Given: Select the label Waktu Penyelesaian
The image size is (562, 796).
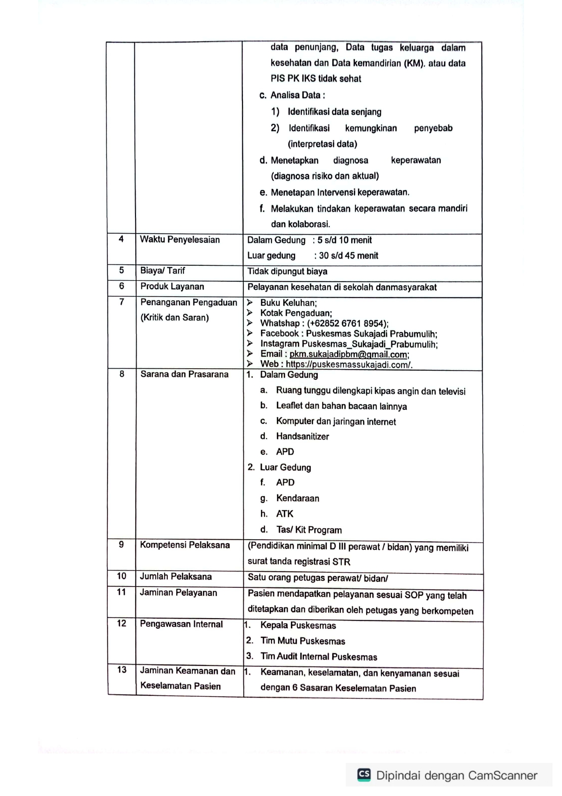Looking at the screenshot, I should coord(179,239).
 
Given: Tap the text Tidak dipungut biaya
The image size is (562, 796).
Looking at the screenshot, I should coord(287,271).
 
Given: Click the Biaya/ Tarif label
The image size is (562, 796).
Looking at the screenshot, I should coord(162,271).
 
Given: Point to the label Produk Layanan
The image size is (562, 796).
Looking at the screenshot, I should coord(172,287).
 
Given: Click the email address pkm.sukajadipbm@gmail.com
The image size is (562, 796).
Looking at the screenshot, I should coord(349,354).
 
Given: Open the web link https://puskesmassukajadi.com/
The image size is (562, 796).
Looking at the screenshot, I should coord(349,365).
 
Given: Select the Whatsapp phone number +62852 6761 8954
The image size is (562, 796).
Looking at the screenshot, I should coord(347,323).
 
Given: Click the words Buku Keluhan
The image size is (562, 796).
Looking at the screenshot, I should coord(288,303).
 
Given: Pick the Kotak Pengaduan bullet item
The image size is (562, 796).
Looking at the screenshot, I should coord(296,313).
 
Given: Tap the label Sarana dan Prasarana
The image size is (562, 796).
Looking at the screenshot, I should coord(184,374).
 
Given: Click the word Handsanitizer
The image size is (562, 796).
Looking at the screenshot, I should coord(302,436).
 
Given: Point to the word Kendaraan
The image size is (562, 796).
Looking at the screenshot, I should coord(297,498).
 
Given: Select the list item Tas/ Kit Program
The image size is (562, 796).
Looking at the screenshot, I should coord(309,530).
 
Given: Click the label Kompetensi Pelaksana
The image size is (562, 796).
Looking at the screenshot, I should coord(184,545).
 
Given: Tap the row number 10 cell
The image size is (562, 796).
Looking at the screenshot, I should coord(121,576).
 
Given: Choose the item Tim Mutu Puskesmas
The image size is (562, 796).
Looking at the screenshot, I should coord(302,641).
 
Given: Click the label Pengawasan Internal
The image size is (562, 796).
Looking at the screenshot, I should coord(181,624).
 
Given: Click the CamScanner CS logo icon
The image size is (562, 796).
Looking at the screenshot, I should coord(364,775).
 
